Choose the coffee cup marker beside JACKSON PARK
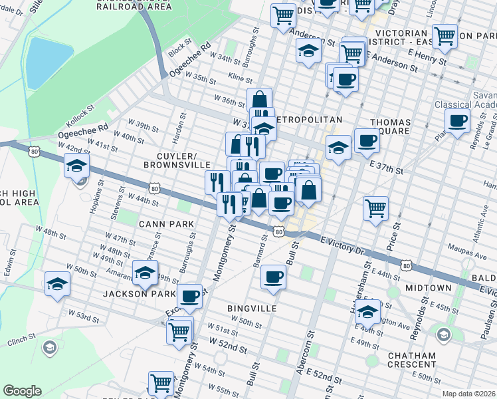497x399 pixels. (x=190, y=295)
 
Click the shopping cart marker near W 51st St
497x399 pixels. (x=179, y=331)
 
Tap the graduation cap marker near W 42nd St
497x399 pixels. (x=77, y=166)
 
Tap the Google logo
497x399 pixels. (x=22, y=390)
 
